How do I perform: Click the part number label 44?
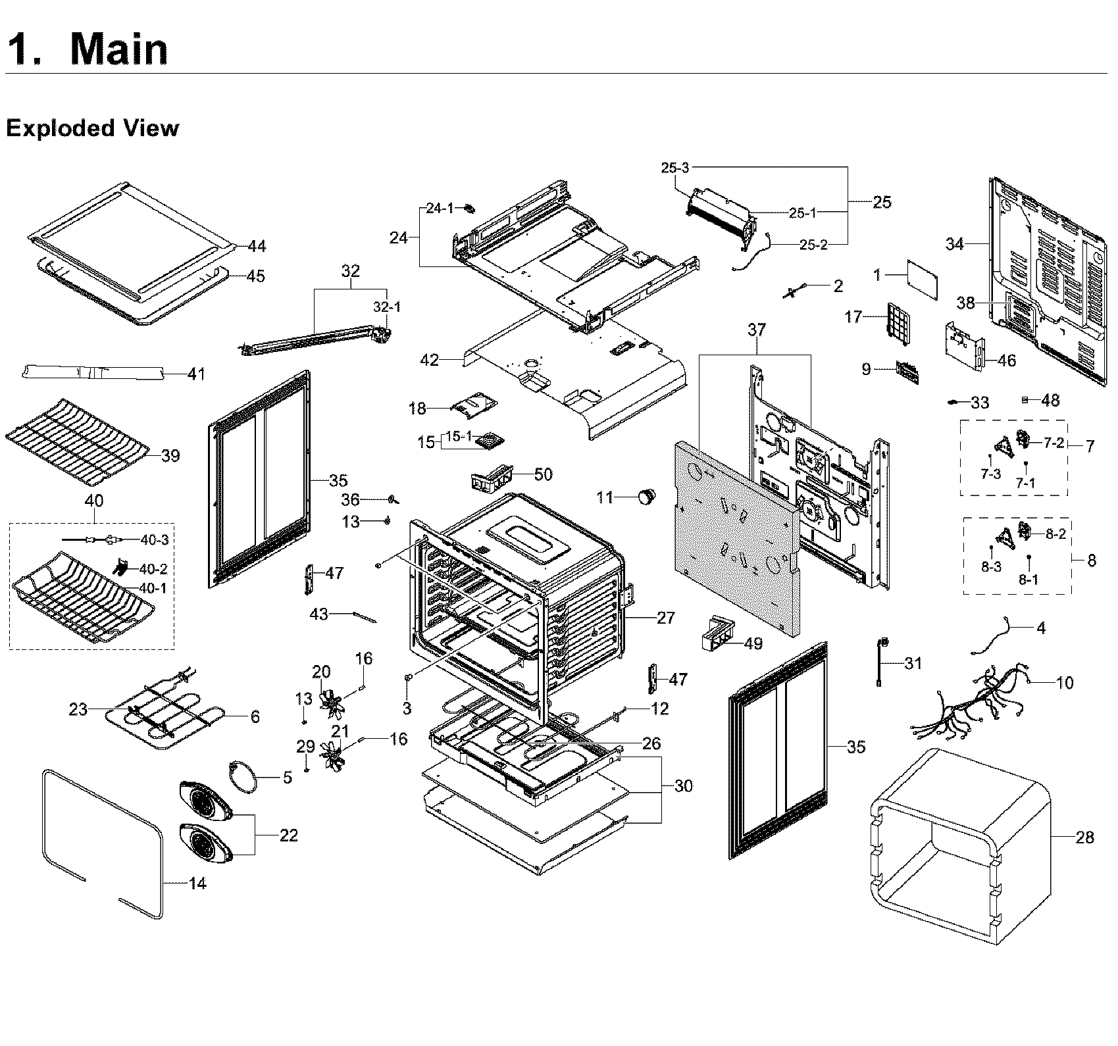(x=257, y=246)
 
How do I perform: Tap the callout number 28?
(x=1084, y=837)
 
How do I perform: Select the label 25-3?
(x=674, y=168)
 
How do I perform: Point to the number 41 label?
(x=196, y=374)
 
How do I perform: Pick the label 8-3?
(x=991, y=567)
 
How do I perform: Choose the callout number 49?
(x=753, y=643)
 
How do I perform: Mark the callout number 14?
(x=197, y=884)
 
